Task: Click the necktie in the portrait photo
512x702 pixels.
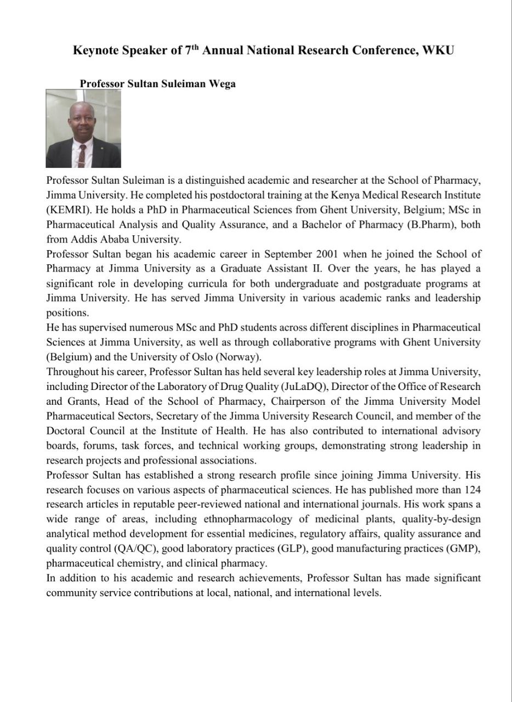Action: (x=81, y=155)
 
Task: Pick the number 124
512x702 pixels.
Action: (x=472, y=489)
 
